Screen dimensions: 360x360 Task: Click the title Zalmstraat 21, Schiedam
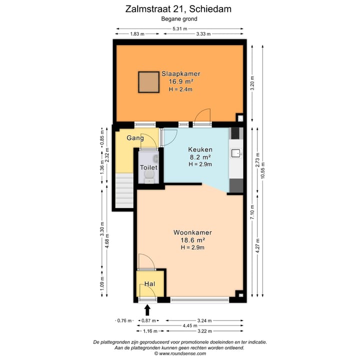pyautogui.click(x=179, y=8)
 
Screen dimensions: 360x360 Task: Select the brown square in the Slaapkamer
pyautogui.click(x=148, y=82)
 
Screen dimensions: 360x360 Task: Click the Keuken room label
pyautogui.click(x=200, y=149)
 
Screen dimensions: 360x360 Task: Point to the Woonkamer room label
pyautogui.click(x=192, y=232)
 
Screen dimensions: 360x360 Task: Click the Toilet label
pyautogui.click(x=149, y=167)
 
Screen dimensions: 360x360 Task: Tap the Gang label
pyautogui.click(x=135, y=138)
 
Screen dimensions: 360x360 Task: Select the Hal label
pyautogui.click(x=150, y=284)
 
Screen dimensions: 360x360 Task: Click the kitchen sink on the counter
pyautogui.click(x=236, y=153)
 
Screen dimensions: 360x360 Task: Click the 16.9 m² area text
pyautogui.click(x=180, y=81)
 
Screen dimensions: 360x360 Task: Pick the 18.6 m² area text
pyautogui.click(x=192, y=240)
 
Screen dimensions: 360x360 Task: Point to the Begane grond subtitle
pyautogui.click(x=179, y=18)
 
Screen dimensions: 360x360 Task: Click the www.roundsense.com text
pyautogui.click(x=180, y=353)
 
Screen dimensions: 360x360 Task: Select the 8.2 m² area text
pyautogui.click(x=200, y=157)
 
